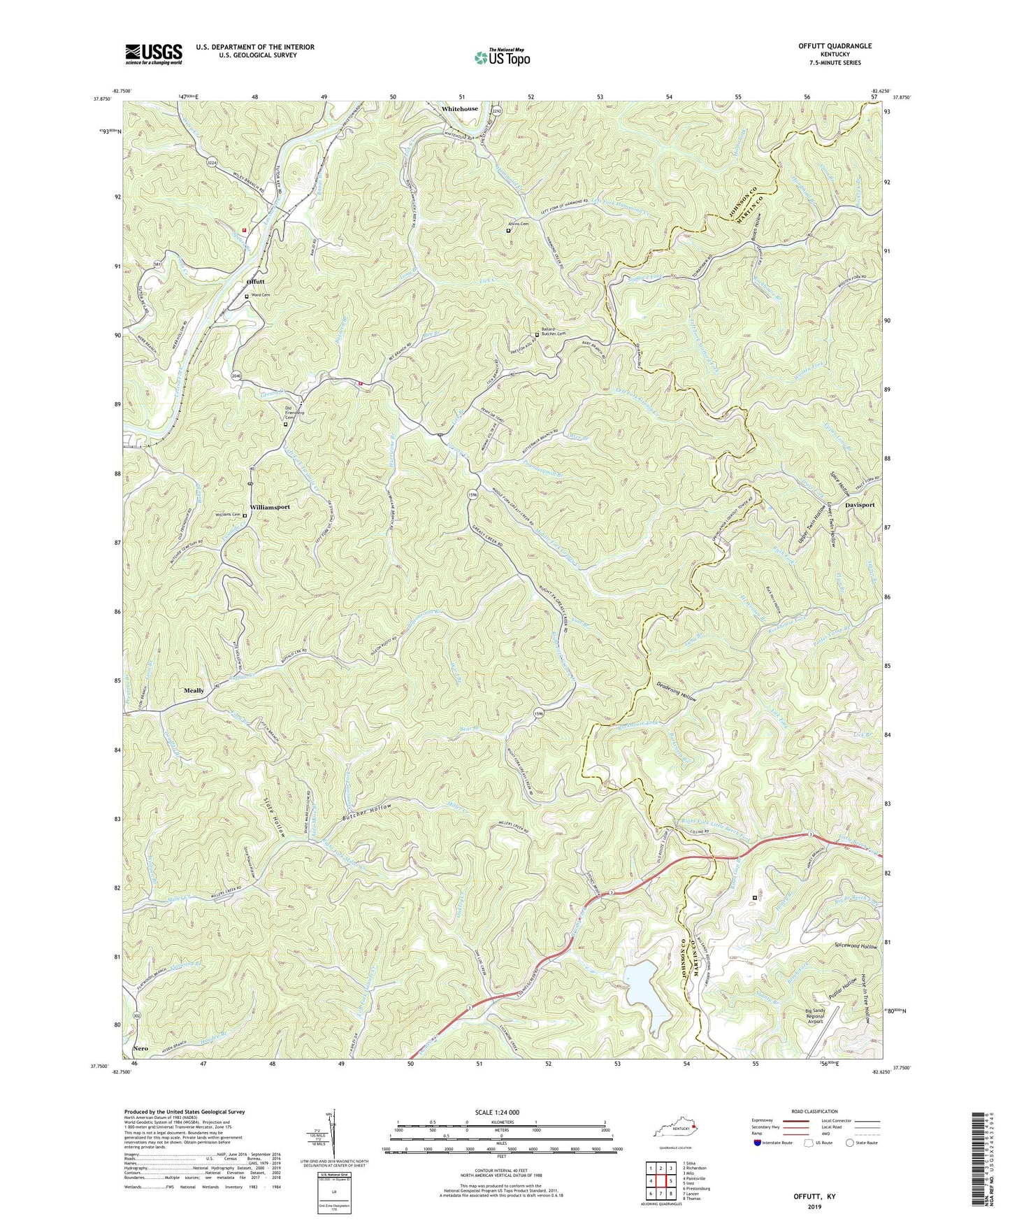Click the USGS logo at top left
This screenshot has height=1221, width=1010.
click(x=154, y=53)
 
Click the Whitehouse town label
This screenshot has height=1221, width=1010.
click(x=460, y=109)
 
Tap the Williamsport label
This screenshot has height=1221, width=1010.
click(x=270, y=506)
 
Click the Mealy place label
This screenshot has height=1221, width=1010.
click(x=194, y=690)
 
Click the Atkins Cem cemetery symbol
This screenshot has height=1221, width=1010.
click(x=508, y=230)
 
